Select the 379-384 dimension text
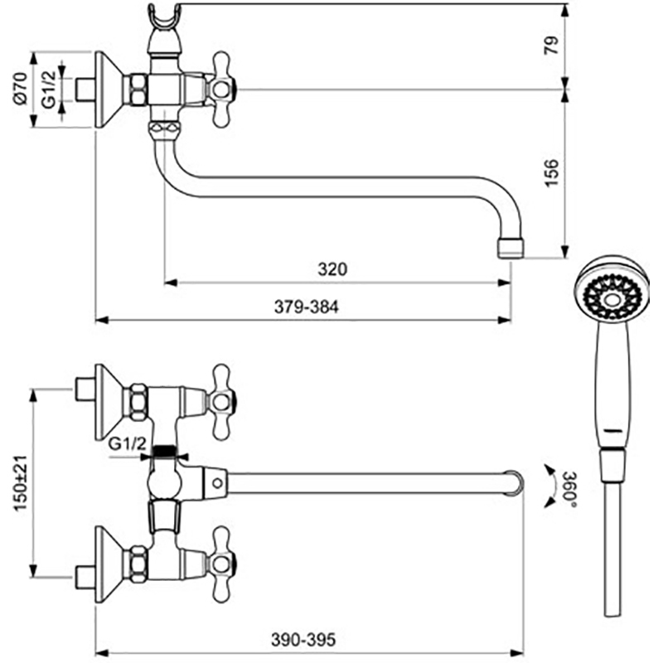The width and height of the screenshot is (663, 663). [x=307, y=307]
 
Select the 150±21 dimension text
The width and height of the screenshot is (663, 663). [x=21, y=484]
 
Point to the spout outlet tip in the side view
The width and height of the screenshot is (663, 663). [x=509, y=247]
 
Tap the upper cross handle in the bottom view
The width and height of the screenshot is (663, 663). [x=220, y=402]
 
